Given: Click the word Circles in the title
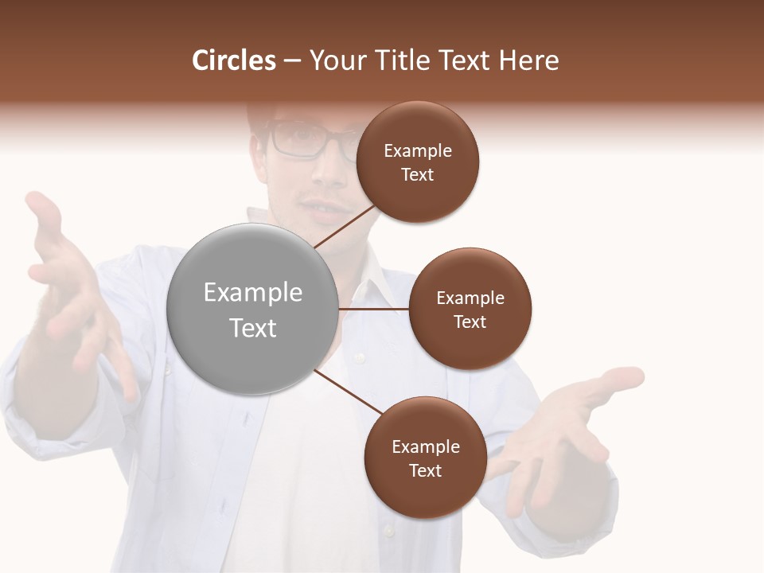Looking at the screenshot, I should click(234, 60).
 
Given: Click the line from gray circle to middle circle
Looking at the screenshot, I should click(373, 309).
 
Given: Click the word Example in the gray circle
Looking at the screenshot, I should click(253, 293).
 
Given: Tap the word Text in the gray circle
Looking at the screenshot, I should click(253, 328).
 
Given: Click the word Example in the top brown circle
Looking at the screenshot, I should click(418, 151).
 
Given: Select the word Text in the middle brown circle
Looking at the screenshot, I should click(470, 322).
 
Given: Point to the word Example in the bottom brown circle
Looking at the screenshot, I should click(426, 447).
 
